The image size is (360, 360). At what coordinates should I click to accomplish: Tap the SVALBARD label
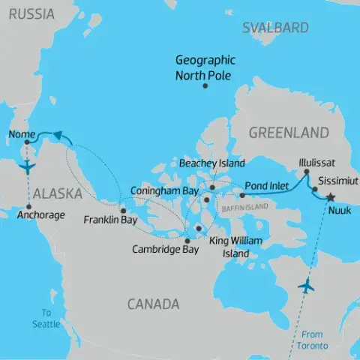(x=275, y=28)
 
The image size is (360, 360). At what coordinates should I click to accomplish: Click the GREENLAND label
(x=288, y=133)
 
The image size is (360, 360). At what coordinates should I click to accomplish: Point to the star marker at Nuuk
(x=330, y=196)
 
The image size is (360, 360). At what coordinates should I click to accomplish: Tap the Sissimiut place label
(x=338, y=181)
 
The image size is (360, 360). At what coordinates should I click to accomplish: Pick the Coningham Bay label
(x=161, y=190)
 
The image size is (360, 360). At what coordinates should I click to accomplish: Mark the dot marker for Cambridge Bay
(x=187, y=240)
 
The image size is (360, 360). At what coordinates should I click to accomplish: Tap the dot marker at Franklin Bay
(x=123, y=211)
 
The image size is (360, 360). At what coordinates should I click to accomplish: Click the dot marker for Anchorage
(x=28, y=206)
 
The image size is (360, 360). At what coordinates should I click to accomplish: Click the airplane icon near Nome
(x=28, y=165)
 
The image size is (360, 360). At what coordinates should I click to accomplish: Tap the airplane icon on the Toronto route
(x=307, y=286)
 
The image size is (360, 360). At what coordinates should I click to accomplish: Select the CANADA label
(x=153, y=304)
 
